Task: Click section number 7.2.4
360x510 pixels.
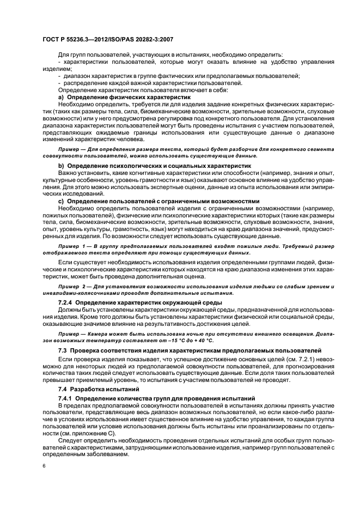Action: coord(66,301)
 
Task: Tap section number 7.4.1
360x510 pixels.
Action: coord(66,399)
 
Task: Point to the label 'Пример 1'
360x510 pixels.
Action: coord(71,247)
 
